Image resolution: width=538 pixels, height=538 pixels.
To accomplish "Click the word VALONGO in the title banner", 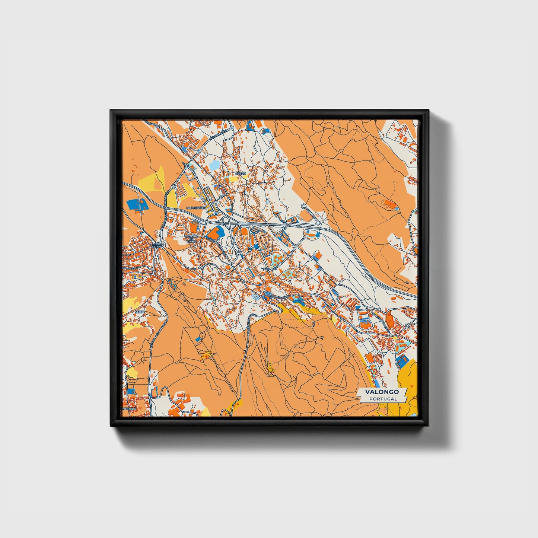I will point(382,392).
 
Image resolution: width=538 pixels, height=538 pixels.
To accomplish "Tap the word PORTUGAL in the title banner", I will point(383,399).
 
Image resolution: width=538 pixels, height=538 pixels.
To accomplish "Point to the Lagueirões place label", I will point(196,208).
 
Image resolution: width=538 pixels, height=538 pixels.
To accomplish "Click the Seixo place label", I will point(140,311).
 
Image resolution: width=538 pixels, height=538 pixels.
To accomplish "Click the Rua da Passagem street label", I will point(276,296).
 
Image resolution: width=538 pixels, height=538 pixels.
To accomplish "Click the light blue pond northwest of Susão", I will point(215,165).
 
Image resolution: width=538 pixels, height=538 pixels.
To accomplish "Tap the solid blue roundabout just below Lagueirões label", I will point(216,214).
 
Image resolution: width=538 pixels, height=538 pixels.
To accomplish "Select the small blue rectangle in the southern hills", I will point(198,339).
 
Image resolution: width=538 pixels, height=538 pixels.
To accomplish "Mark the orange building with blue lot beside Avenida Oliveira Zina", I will point(214,233).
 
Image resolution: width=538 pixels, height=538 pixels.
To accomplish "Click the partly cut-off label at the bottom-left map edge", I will point(129,408).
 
